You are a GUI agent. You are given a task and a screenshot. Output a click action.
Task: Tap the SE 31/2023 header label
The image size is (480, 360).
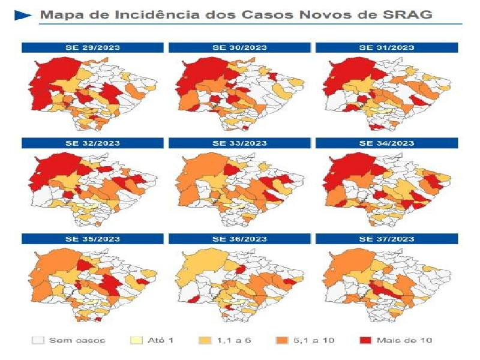point(386,47)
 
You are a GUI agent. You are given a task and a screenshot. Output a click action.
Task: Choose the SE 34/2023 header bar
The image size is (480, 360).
point(386,143)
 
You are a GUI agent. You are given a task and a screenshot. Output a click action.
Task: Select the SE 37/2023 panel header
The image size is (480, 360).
point(386,239)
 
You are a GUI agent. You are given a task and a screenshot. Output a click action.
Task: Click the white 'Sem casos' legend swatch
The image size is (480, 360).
point(38,340)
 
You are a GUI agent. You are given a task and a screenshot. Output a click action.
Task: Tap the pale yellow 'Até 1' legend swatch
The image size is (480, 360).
point(137,340)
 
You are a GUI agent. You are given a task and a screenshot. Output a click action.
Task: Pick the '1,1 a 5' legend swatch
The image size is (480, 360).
point(205,340)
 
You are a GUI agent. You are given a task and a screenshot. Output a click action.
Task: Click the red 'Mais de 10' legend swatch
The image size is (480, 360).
point(364,340)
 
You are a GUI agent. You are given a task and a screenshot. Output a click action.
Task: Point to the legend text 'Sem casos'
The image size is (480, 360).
point(77,340)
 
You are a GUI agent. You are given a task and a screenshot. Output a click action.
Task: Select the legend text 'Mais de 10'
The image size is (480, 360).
point(404,340)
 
